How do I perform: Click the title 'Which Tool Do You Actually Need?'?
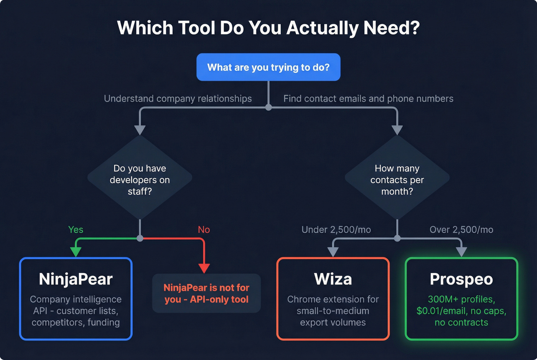(x=268, y=28)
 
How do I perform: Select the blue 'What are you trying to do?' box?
(x=268, y=67)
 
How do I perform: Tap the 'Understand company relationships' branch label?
(x=178, y=99)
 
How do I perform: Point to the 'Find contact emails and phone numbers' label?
(x=368, y=99)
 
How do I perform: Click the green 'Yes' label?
(x=76, y=229)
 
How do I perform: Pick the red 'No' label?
(x=204, y=229)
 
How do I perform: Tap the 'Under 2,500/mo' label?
(x=336, y=229)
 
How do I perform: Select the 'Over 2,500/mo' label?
(x=461, y=229)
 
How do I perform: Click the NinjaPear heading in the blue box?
(x=76, y=279)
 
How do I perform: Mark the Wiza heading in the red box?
(x=333, y=279)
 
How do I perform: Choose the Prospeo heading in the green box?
(x=461, y=279)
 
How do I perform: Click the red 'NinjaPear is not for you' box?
(x=206, y=293)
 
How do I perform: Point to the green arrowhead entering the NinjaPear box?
(x=76, y=252)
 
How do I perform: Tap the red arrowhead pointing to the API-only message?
(x=204, y=268)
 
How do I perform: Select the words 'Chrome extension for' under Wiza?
(x=333, y=299)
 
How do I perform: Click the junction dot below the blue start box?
(x=268, y=107)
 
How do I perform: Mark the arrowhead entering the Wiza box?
(x=333, y=252)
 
